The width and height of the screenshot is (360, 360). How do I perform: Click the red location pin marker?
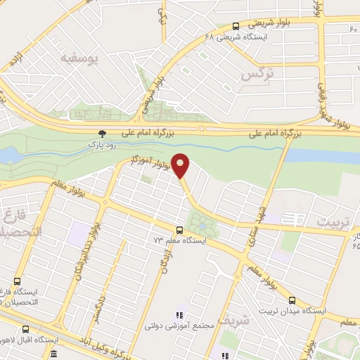pyautogui.click(x=181, y=165)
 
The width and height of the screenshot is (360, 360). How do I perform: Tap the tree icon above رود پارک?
pyautogui.click(x=103, y=133)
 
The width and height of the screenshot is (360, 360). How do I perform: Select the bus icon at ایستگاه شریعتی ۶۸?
pyautogui.click(x=236, y=27)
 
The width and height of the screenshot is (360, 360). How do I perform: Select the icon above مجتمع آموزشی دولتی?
pyautogui.click(x=179, y=315)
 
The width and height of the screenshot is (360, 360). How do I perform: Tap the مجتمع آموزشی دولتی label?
pyautogui.click(x=178, y=326)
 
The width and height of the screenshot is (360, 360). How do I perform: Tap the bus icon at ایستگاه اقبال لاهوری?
pyautogui.click(x=26, y=328)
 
